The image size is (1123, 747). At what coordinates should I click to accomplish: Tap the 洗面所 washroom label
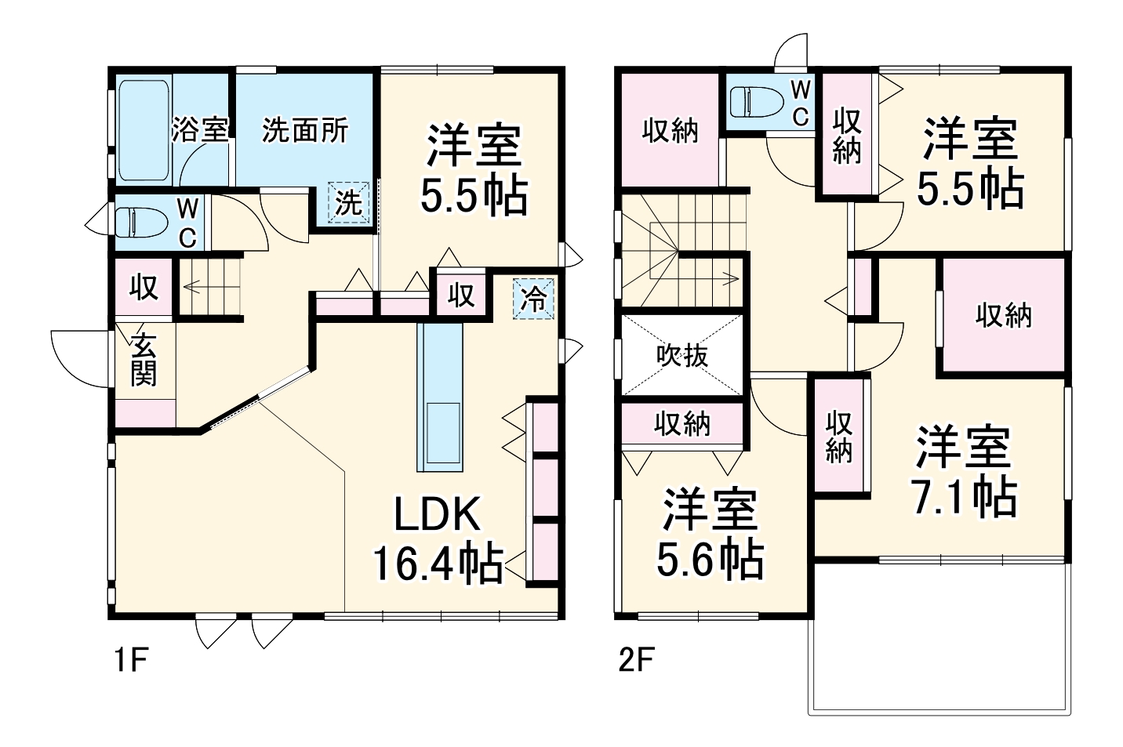point(304,130)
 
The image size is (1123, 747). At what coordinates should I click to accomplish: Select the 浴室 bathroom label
point(200,129)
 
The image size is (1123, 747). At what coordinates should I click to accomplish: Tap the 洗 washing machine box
point(349,203)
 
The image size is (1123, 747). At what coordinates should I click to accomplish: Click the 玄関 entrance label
point(143,360)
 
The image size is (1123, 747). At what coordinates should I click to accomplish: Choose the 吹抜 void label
point(681,356)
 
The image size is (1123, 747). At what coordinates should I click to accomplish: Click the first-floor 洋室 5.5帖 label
point(472,169)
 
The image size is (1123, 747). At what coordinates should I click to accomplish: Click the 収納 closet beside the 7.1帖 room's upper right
point(1003,315)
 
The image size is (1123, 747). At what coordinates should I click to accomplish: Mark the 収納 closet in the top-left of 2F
point(670,131)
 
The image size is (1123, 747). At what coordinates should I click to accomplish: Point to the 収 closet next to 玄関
point(144,288)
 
